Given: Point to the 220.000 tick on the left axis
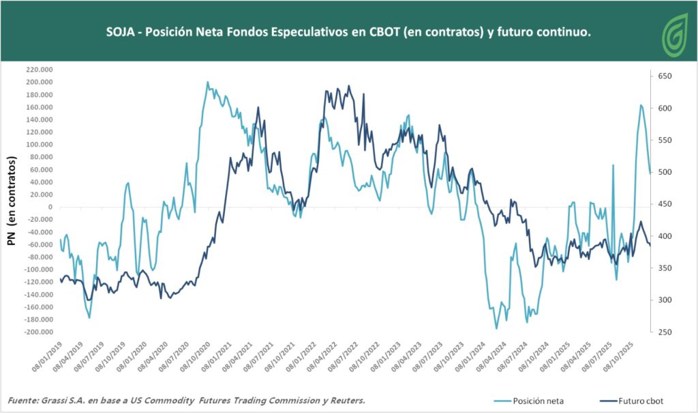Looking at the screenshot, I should pyautogui.click(x=40, y=70).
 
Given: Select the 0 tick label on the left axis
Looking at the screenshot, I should pyautogui.click(x=50, y=207).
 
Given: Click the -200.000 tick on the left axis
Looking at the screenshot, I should pyautogui.click(x=38, y=332).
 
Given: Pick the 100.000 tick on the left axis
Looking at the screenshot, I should pyautogui.click(x=40, y=145).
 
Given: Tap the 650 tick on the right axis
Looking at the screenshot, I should pyautogui.click(x=663, y=76).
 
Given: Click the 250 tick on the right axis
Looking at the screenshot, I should pyautogui.click(x=663, y=332).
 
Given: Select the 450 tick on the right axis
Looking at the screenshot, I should pyautogui.click(x=663, y=204).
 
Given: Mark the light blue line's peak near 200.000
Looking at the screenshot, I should pyautogui.click(x=207, y=83).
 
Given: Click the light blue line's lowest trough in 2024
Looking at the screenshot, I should pyautogui.click(x=497, y=328).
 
